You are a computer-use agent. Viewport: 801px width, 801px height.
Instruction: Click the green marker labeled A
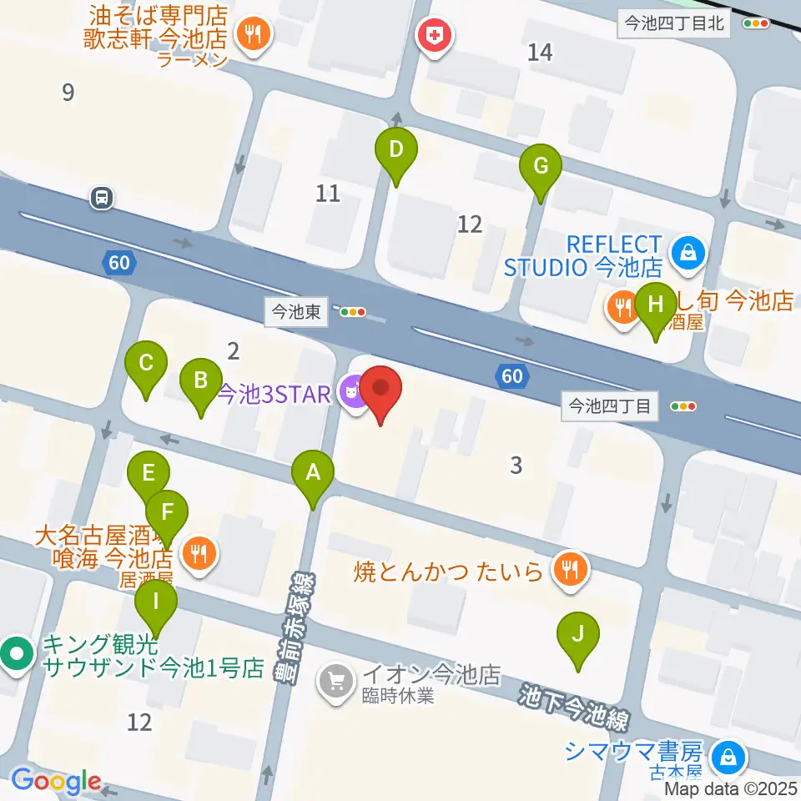point(313,473)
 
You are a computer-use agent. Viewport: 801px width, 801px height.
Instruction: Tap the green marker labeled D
point(396,150)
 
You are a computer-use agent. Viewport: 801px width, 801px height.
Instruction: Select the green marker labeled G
point(541,166)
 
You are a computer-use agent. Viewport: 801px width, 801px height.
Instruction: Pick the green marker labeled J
point(578,634)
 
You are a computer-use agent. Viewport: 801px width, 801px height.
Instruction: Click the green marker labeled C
point(146,364)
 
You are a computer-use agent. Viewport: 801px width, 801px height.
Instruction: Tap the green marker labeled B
point(200,381)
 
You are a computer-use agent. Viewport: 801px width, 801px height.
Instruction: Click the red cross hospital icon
point(435,36)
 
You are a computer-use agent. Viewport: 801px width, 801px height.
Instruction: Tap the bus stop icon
point(102,199)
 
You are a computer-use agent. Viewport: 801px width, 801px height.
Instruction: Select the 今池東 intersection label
point(290,312)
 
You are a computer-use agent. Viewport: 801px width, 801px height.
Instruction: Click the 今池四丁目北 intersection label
point(674,24)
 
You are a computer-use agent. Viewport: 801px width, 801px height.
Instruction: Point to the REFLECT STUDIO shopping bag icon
point(689,250)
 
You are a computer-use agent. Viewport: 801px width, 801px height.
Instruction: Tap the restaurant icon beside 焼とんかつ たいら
point(571,571)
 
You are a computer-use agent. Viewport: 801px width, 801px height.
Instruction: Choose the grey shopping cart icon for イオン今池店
point(337,682)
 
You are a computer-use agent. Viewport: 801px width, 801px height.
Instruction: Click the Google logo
point(57,782)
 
